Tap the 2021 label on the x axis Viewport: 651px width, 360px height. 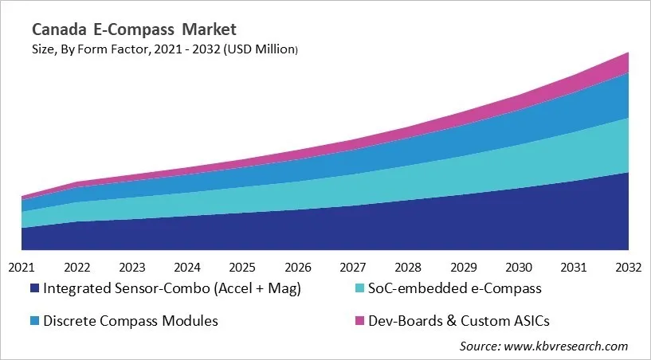tap(22, 267)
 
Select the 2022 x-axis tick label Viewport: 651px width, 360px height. tap(76, 267)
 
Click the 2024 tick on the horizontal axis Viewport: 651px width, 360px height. tap(187, 267)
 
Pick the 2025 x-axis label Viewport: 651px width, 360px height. tap(242, 267)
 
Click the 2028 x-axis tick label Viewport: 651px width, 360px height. tap(408, 267)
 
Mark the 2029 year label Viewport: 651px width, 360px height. tap(463, 267)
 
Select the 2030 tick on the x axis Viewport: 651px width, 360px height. tap(518, 267)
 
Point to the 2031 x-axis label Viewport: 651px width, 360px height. tap(574, 267)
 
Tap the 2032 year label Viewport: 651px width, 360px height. tap(628, 267)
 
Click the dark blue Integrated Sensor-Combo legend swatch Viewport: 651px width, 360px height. tap(34, 288)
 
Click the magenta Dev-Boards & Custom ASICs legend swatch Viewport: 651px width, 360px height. tap(359, 321)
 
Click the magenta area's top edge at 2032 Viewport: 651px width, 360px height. tap(628, 53)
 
